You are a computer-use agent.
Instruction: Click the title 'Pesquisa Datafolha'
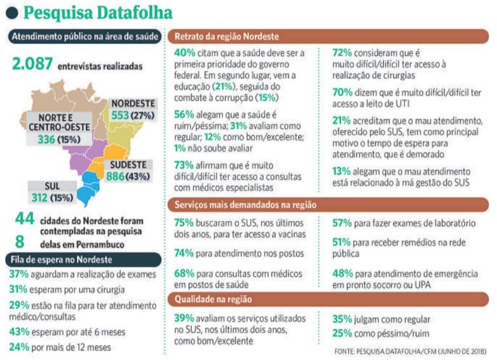(97, 13)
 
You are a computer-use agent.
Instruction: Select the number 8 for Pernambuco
(20, 242)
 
